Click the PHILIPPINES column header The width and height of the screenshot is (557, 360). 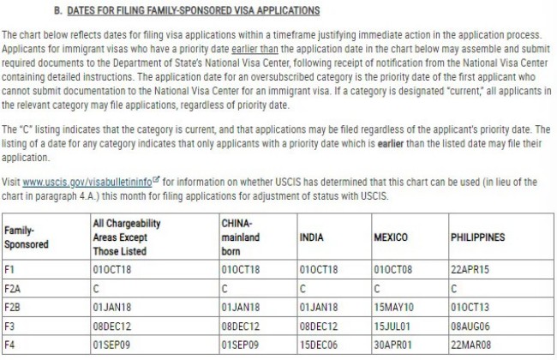click(x=477, y=237)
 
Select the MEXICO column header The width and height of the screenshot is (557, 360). click(x=391, y=237)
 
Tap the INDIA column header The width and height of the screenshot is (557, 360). click(x=312, y=237)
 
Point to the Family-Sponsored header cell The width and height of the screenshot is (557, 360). click(x=26, y=237)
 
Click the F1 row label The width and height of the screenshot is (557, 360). click(x=10, y=269)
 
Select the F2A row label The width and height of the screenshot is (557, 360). click(x=13, y=288)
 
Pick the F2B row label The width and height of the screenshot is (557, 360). click(x=13, y=307)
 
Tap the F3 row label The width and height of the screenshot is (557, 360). click(x=10, y=326)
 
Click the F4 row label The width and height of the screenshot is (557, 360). click(x=10, y=345)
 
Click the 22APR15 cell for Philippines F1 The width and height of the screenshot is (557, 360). click(x=470, y=269)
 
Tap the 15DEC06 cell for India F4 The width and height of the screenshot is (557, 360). click(x=319, y=345)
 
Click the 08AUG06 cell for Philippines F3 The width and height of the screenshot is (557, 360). click(x=470, y=326)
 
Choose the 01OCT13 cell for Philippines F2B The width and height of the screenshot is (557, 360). click(x=470, y=307)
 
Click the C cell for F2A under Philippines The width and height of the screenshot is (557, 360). click(x=453, y=288)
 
